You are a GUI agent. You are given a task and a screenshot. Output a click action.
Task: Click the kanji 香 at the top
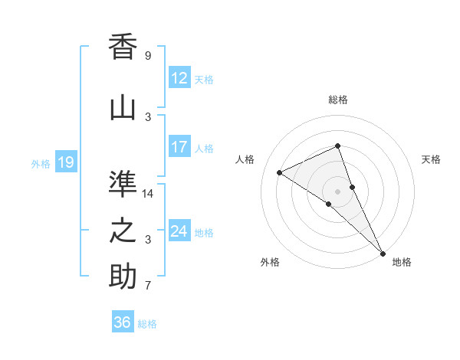pyautogui.click(x=123, y=47)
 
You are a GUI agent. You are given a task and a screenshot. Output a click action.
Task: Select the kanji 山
pyautogui.click(x=123, y=108)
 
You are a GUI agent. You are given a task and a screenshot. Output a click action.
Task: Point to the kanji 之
pyautogui.click(x=123, y=231)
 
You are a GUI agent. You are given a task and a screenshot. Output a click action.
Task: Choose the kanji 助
pyautogui.click(x=123, y=277)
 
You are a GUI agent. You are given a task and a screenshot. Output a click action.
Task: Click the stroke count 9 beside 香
pyautogui.click(x=147, y=56)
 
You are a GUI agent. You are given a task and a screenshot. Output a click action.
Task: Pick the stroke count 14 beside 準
pyautogui.click(x=149, y=194)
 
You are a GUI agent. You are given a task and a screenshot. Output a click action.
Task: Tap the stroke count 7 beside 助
pyautogui.click(x=147, y=286)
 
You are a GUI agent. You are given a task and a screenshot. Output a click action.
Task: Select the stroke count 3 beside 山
pyautogui.click(x=147, y=117)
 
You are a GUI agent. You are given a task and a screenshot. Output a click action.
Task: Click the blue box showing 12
pyautogui.click(x=179, y=78)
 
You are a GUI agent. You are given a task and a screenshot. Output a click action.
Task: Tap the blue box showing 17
pyautogui.click(x=179, y=147)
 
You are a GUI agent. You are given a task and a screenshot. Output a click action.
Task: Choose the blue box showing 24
pyautogui.click(x=179, y=231)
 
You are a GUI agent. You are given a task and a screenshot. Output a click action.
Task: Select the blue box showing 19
pyautogui.click(x=65, y=162)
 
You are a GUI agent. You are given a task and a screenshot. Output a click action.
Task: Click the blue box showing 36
pyautogui.click(x=122, y=322)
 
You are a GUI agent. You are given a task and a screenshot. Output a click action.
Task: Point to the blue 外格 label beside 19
pyautogui.click(x=41, y=163)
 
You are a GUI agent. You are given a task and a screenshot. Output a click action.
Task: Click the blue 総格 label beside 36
pyautogui.click(x=147, y=324)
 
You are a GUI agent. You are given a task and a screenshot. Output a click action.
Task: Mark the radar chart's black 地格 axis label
pyautogui.click(x=402, y=262)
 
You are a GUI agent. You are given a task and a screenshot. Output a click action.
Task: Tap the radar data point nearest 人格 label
pyautogui.click(x=280, y=172)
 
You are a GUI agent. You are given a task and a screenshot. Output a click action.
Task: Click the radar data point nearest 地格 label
pyautogui.click(x=383, y=252)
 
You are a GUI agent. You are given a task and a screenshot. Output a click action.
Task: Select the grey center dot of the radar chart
pyautogui.click(x=337, y=191)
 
